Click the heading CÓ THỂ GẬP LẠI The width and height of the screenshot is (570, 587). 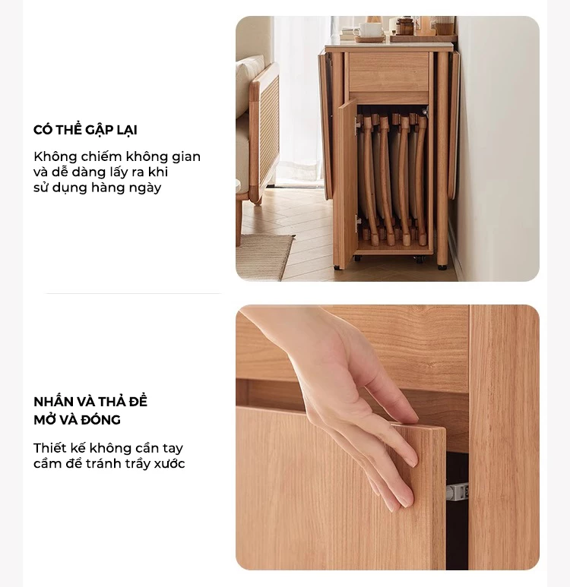85,130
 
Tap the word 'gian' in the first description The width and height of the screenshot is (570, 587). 186,157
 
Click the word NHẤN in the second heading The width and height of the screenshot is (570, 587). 53,401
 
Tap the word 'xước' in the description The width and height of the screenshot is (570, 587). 169,463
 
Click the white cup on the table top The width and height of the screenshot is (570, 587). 371,29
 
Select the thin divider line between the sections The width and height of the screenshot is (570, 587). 134,293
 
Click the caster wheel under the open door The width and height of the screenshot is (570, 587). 337,267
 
